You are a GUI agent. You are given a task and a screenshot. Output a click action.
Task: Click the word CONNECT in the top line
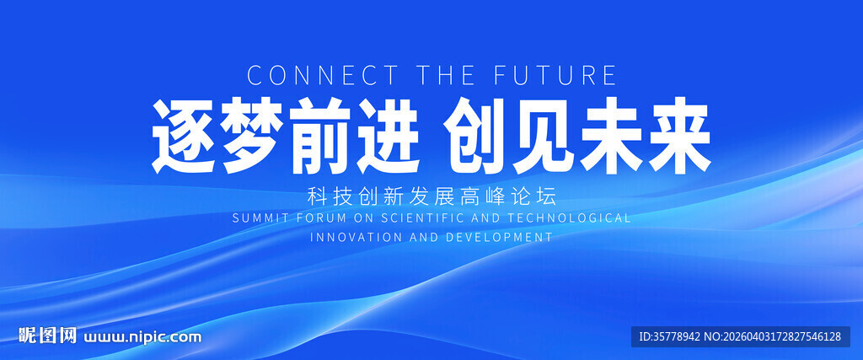pyautogui.click(x=323, y=75)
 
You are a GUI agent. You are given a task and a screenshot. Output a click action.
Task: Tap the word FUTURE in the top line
pyautogui.click(x=555, y=75)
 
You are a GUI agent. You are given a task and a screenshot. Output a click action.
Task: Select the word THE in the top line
pyautogui.click(x=446, y=75)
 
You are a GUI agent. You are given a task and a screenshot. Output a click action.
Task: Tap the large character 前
pyautogui.click(x=320, y=137)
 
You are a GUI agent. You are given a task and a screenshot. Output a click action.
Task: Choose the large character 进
pyautogui.click(x=388, y=137)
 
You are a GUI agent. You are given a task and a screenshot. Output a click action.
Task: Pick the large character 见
pyautogui.click(x=543, y=137)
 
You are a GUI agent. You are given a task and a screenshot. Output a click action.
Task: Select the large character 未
pyautogui.click(x=611, y=137)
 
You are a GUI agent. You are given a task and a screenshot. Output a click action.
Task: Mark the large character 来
pyautogui.click(x=679, y=137)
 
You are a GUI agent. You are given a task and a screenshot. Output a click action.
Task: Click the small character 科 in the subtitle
pyautogui.click(x=316, y=196)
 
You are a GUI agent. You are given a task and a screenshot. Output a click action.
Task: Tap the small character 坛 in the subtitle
pyautogui.click(x=548, y=196)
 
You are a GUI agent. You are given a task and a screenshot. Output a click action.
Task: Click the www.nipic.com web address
pyautogui.click(x=142, y=336)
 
